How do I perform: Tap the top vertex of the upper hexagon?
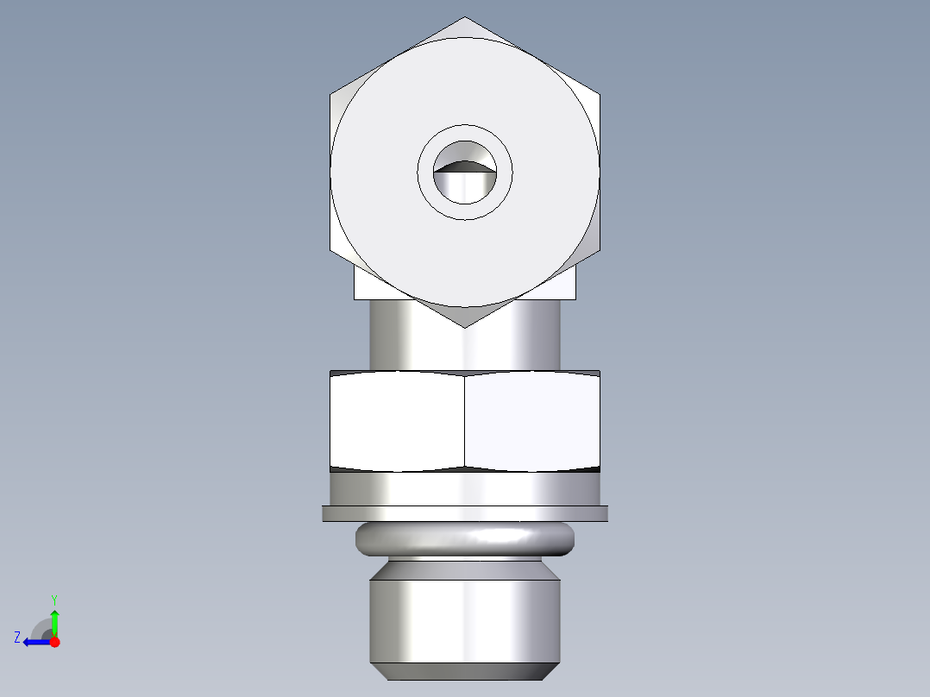point(465,17)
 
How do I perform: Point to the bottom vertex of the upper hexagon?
point(465,326)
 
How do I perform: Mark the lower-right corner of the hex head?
point(599,250)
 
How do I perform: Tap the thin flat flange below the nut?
point(465,513)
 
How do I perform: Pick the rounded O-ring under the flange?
point(465,539)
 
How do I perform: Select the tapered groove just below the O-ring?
point(465,568)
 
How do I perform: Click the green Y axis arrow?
point(54,619)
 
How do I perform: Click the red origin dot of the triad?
point(54,642)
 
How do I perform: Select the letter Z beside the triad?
point(17,637)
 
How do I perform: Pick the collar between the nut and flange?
point(465,489)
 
